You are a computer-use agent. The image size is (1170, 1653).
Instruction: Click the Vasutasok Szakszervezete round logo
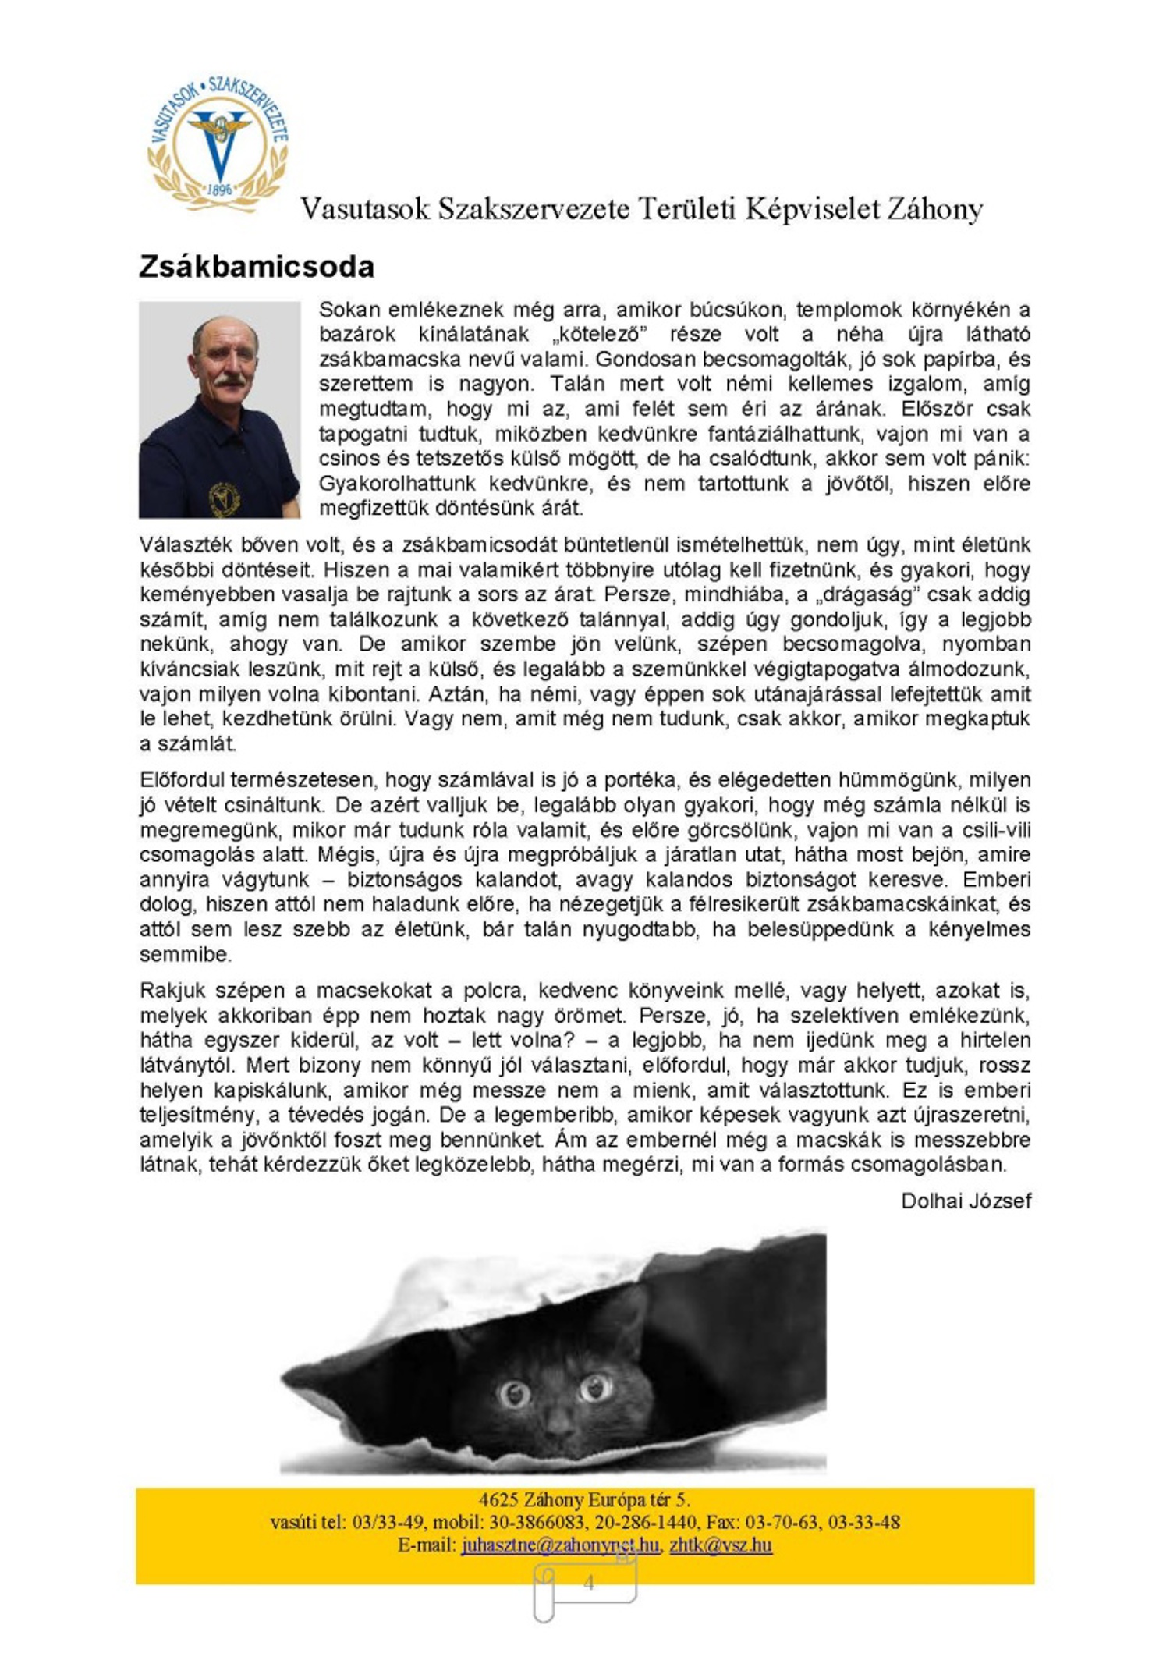click(218, 145)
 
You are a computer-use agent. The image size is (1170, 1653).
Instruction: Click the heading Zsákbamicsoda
click(257, 267)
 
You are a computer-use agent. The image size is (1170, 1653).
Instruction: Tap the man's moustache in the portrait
click(230, 381)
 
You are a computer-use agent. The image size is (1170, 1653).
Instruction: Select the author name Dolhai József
click(966, 1201)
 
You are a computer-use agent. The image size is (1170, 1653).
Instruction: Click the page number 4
click(588, 1583)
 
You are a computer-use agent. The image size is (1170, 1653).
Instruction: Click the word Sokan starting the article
click(349, 310)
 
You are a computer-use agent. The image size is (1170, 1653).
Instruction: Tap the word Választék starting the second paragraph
click(185, 544)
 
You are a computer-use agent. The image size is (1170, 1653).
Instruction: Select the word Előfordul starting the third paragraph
click(183, 779)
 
